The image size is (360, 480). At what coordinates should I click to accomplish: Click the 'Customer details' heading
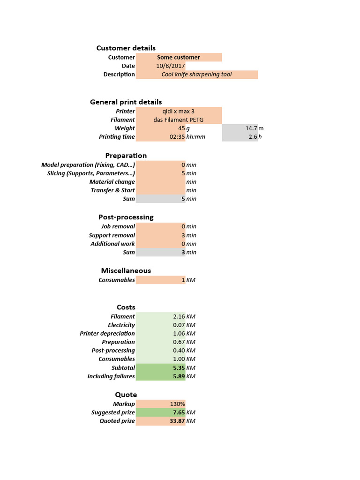click(126, 48)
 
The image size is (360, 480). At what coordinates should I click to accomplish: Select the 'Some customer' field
click(178, 57)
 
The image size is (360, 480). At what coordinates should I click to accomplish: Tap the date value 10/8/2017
click(171, 66)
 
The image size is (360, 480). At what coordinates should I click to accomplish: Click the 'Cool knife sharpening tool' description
click(196, 75)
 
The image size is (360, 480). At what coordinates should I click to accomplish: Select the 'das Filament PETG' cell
click(178, 120)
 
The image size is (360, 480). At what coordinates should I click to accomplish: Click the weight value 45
click(181, 128)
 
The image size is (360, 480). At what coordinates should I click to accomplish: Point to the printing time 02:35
click(177, 137)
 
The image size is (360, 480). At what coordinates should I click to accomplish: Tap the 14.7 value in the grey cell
click(251, 128)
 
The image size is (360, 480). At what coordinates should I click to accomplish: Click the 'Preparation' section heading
click(126, 156)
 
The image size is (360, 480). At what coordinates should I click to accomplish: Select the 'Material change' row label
click(112, 182)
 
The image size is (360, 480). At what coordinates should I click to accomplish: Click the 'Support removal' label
click(112, 235)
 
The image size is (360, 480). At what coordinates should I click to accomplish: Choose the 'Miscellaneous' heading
click(126, 270)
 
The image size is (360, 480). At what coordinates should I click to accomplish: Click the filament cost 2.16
click(179, 317)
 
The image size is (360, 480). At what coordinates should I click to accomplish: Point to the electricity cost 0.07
click(179, 325)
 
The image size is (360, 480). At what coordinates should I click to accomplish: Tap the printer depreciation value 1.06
click(179, 334)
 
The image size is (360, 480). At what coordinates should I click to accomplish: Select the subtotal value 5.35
click(179, 368)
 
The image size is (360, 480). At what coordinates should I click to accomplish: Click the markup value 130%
click(177, 404)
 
